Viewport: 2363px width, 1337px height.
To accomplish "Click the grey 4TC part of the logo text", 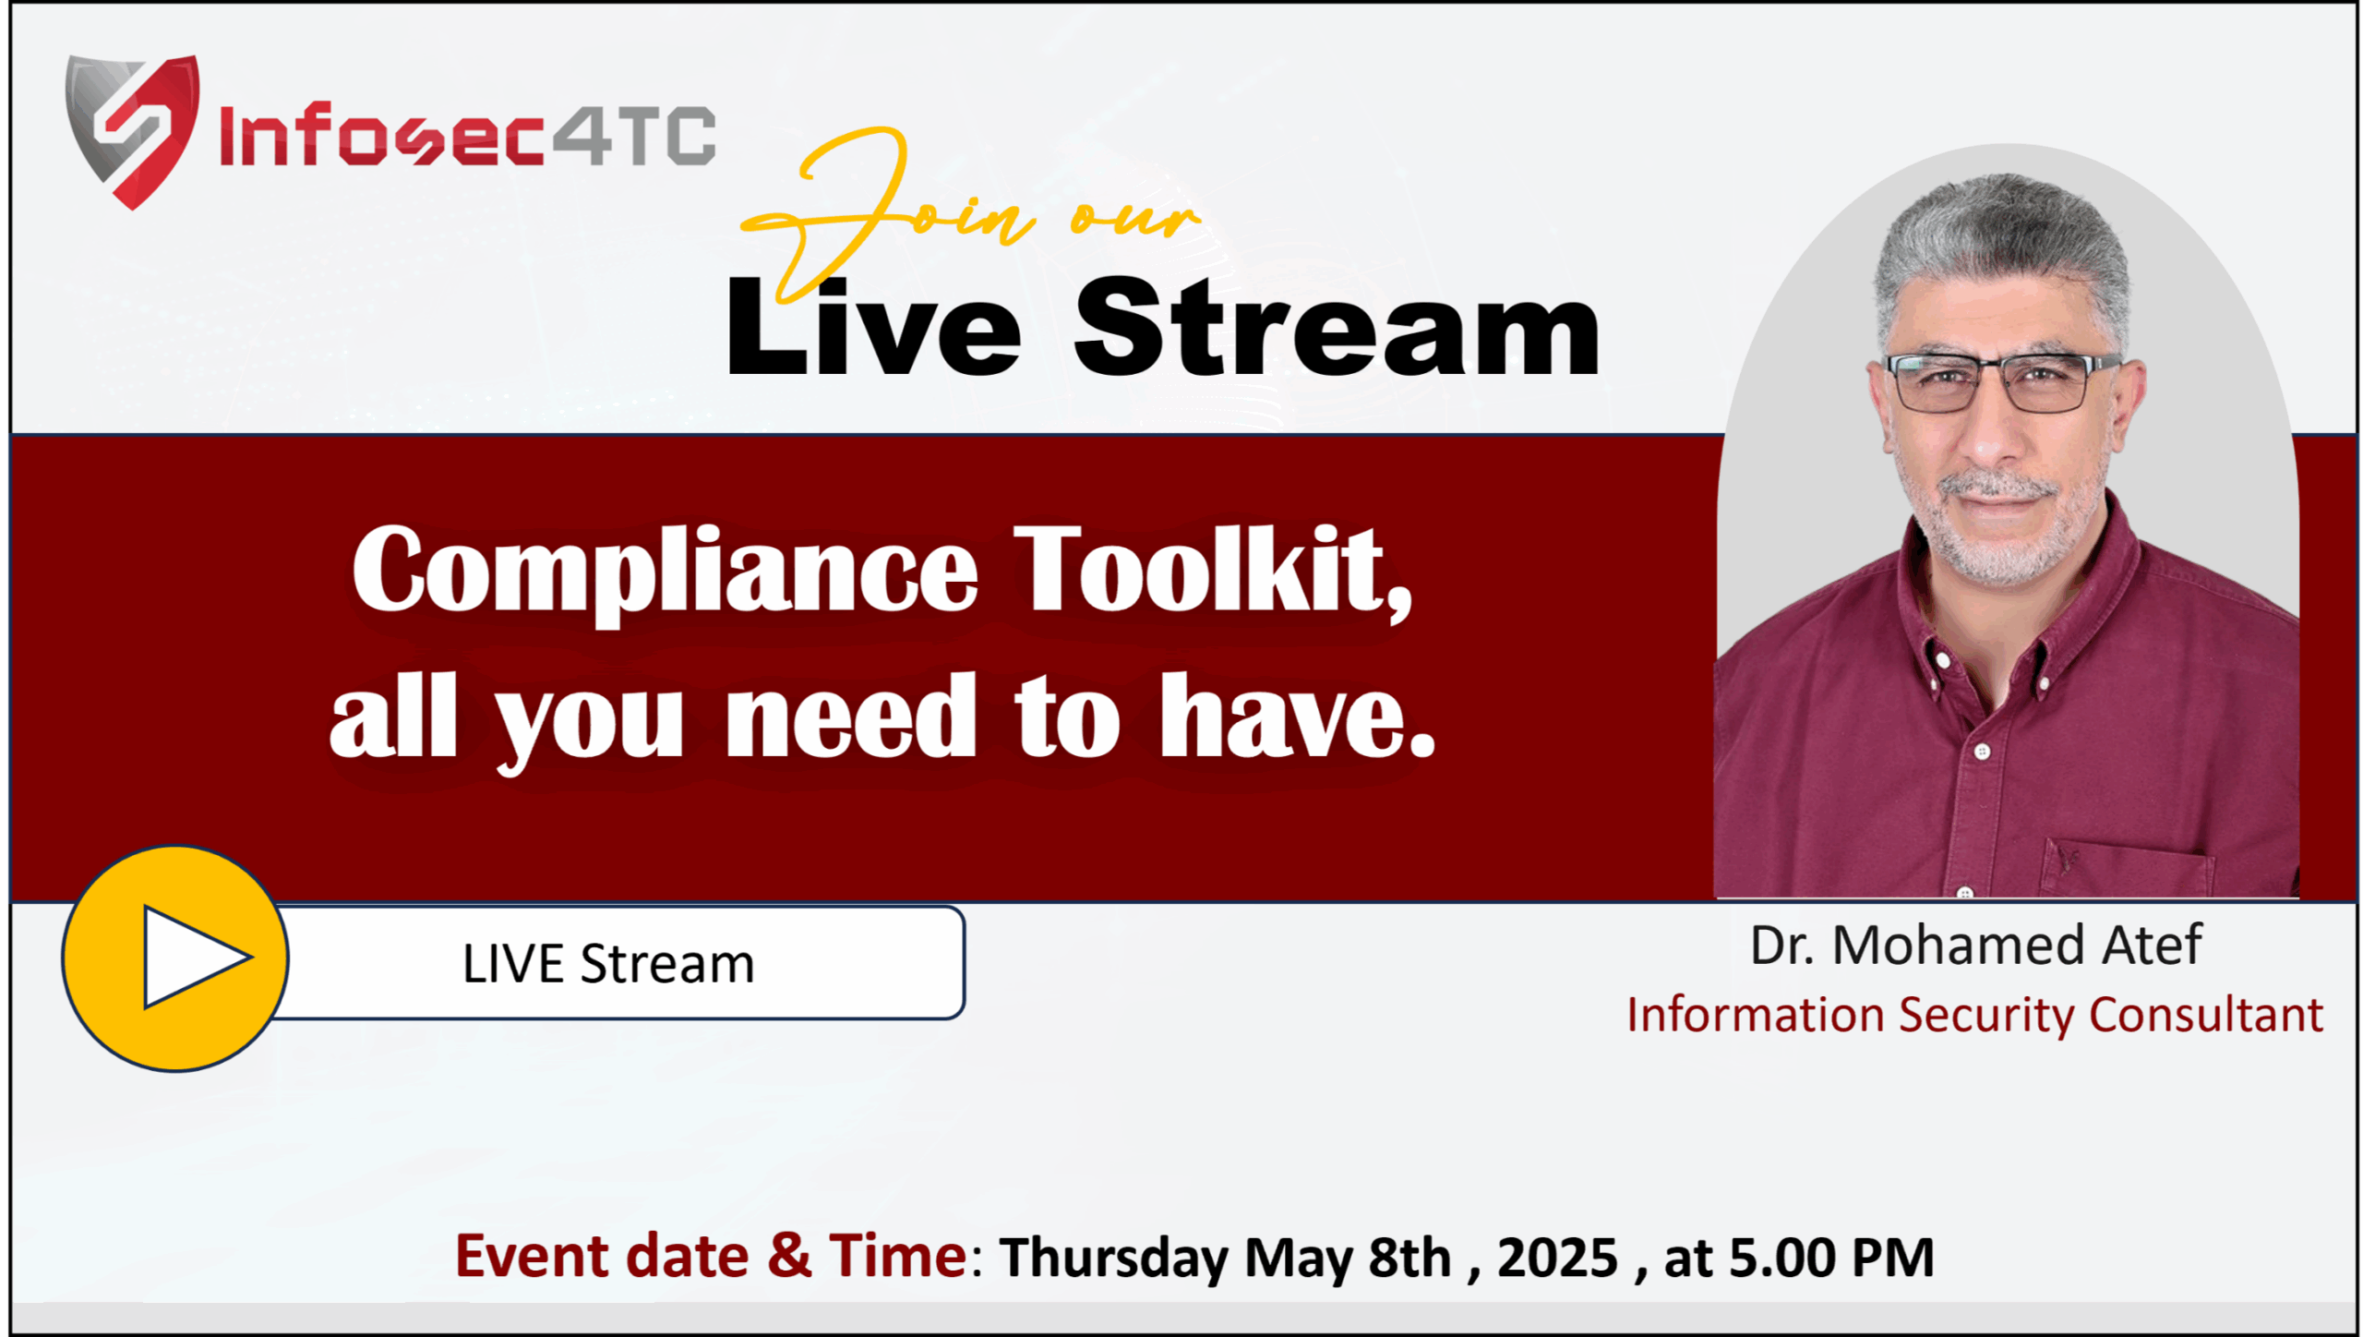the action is coord(634,136).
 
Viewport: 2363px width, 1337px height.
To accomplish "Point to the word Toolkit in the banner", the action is coord(1214,570).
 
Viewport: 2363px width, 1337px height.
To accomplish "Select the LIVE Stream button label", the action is coord(608,964).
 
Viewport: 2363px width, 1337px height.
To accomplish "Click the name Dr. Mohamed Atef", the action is coord(1975,945).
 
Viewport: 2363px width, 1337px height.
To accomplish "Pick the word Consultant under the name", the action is coord(2205,1015).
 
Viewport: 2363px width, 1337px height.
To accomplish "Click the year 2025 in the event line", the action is coord(1557,1258).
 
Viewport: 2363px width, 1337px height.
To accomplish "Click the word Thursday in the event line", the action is coord(1114,1259).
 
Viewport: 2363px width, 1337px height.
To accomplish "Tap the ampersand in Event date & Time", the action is coord(789,1256).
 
